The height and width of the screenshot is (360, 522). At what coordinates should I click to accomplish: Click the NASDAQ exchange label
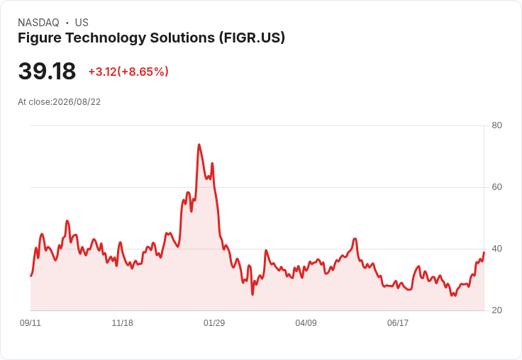pyautogui.click(x=38, y=23)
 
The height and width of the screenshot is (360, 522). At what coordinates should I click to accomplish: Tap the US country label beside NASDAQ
pyautogui.click(x=82, y=23)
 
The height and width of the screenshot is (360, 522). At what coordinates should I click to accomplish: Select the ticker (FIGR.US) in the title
pyautogui.click(x=252, y=38)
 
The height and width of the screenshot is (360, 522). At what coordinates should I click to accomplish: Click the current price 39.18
pyautogui.click(x=47, y=71)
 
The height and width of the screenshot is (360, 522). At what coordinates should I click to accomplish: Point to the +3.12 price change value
pyautogui.click(x=102, y=72)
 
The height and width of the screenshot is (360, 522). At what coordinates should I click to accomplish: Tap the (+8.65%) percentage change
pyautogui.click(x=143, y=72)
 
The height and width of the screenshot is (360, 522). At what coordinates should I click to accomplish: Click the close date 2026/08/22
pyautogui.click(x=77, y=102)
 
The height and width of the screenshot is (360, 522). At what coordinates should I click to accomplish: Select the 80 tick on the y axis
pyautogui.click(x=496, y=125)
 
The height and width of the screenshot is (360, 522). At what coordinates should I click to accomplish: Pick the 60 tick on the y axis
pyautogui.click(x=496, y=187)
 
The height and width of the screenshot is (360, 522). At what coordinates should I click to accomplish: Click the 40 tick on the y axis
pyautogui.click(x=496, y=249)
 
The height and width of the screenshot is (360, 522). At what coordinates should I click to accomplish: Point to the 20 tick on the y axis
pyautogui.click(x=496, y=310)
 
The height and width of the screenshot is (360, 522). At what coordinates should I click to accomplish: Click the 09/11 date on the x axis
pyautogui.click(x=30, y=322)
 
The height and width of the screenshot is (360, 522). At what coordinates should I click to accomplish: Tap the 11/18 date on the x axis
pyautogui.click(x=122, y=322)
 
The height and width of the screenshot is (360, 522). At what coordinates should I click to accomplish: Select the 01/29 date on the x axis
pyautogui.click(x=214, y=322)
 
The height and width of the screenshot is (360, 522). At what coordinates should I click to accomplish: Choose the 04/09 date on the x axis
pyautogui.click(x=306, y=322)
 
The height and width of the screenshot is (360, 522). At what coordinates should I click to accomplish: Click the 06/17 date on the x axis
pyautogui.click(x=397, y=322)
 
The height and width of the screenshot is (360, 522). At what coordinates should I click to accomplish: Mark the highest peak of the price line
pyautogui.click(x=199, y=145)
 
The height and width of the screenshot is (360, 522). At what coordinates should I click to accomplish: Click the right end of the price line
pyautogui.click(x=484, y=252)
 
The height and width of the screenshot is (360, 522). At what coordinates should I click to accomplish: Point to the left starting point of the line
pyautogui.click(x=30, y=276)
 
